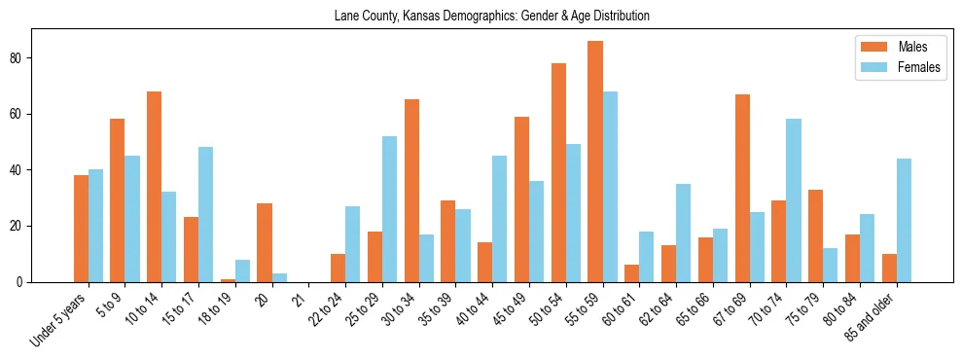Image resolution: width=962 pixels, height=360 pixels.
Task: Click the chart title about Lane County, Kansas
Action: tap(491, 17)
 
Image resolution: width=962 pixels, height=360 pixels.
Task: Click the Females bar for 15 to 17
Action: tap(205, 214)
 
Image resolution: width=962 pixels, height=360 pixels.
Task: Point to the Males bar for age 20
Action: tap(265, 242)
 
